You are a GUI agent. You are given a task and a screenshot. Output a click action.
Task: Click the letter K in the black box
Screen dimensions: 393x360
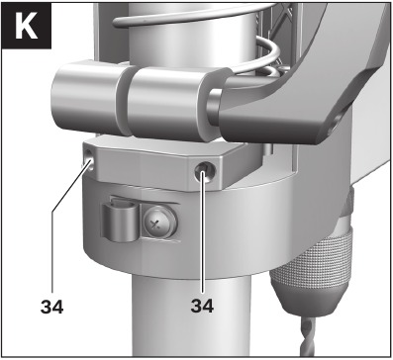[27, 26]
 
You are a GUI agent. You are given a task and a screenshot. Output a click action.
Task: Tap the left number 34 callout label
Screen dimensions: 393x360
[51, 307]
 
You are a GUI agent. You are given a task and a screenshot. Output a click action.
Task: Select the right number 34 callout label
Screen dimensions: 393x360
[202, 306]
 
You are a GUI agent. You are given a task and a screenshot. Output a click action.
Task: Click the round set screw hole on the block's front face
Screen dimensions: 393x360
[205, 172]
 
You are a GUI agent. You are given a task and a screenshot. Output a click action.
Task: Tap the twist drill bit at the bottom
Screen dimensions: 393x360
[309, 337]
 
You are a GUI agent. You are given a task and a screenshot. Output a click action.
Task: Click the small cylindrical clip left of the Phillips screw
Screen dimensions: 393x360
[120, 222]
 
